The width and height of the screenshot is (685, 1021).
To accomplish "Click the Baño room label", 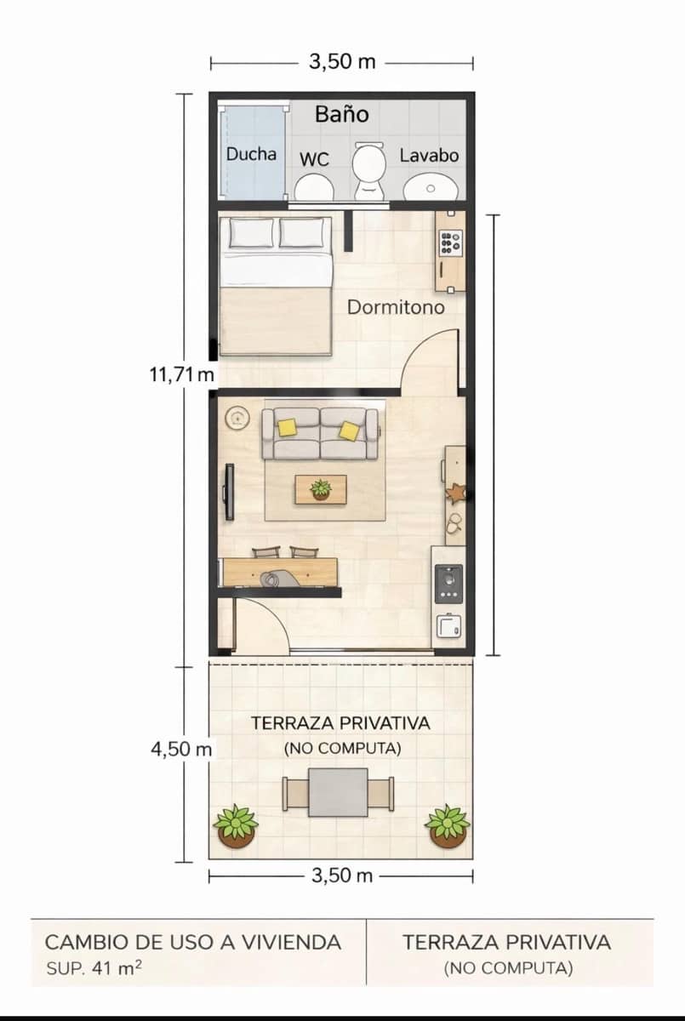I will pos(341,114).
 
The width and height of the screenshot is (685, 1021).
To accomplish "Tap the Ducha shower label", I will pos(251,154).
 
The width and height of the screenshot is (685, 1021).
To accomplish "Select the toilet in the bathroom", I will pos(369,170).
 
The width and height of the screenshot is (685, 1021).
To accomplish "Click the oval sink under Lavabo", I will pos(430,186).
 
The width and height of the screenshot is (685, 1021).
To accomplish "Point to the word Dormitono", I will pos(396,307).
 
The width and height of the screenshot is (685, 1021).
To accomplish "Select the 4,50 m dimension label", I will pos(180,750).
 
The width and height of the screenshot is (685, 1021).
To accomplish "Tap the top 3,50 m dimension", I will pos(341,62).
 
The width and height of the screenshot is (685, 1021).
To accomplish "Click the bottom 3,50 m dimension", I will pos(341,876).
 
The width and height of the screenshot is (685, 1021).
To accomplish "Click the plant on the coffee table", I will pos(321,489).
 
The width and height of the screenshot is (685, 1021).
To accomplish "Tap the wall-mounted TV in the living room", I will pos(228,492).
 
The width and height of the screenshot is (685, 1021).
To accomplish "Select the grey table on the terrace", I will pos(338,792).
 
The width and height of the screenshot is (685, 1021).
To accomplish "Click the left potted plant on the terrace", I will pos(236,826).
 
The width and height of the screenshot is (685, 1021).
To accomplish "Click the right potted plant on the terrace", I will pos(448,826).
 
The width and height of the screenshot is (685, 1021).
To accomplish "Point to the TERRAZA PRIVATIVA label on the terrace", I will pos(340,724).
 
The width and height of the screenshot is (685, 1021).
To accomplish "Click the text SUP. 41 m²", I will pos(94,967).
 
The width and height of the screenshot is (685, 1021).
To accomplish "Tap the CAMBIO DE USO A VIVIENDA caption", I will pos(193,943).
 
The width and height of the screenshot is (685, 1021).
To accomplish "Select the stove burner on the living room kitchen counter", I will pos(448,583).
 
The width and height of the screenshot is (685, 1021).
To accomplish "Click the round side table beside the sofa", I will pos(236,418).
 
